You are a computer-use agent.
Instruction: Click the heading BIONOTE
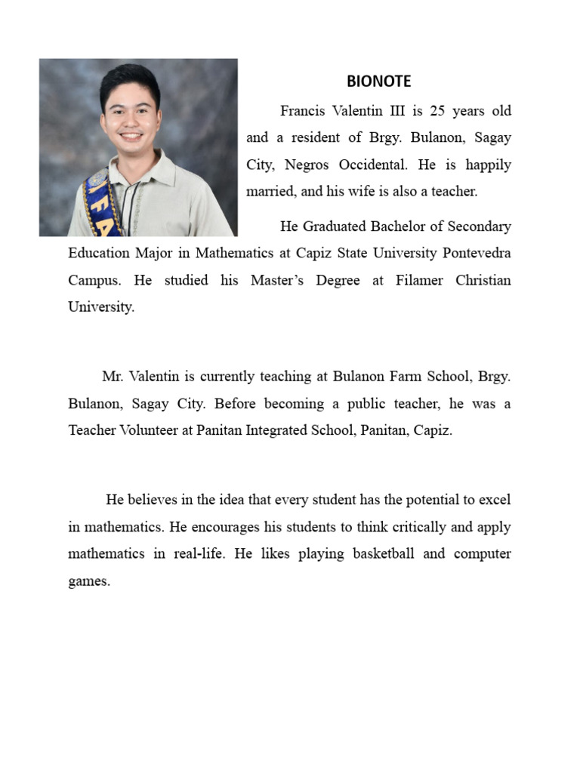378,82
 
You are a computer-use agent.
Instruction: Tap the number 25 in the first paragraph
438,111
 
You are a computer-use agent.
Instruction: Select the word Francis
303,111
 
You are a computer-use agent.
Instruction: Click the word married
270,192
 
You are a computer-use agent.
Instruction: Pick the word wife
362,192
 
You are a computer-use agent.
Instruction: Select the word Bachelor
408,226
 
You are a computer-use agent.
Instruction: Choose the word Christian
483,280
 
